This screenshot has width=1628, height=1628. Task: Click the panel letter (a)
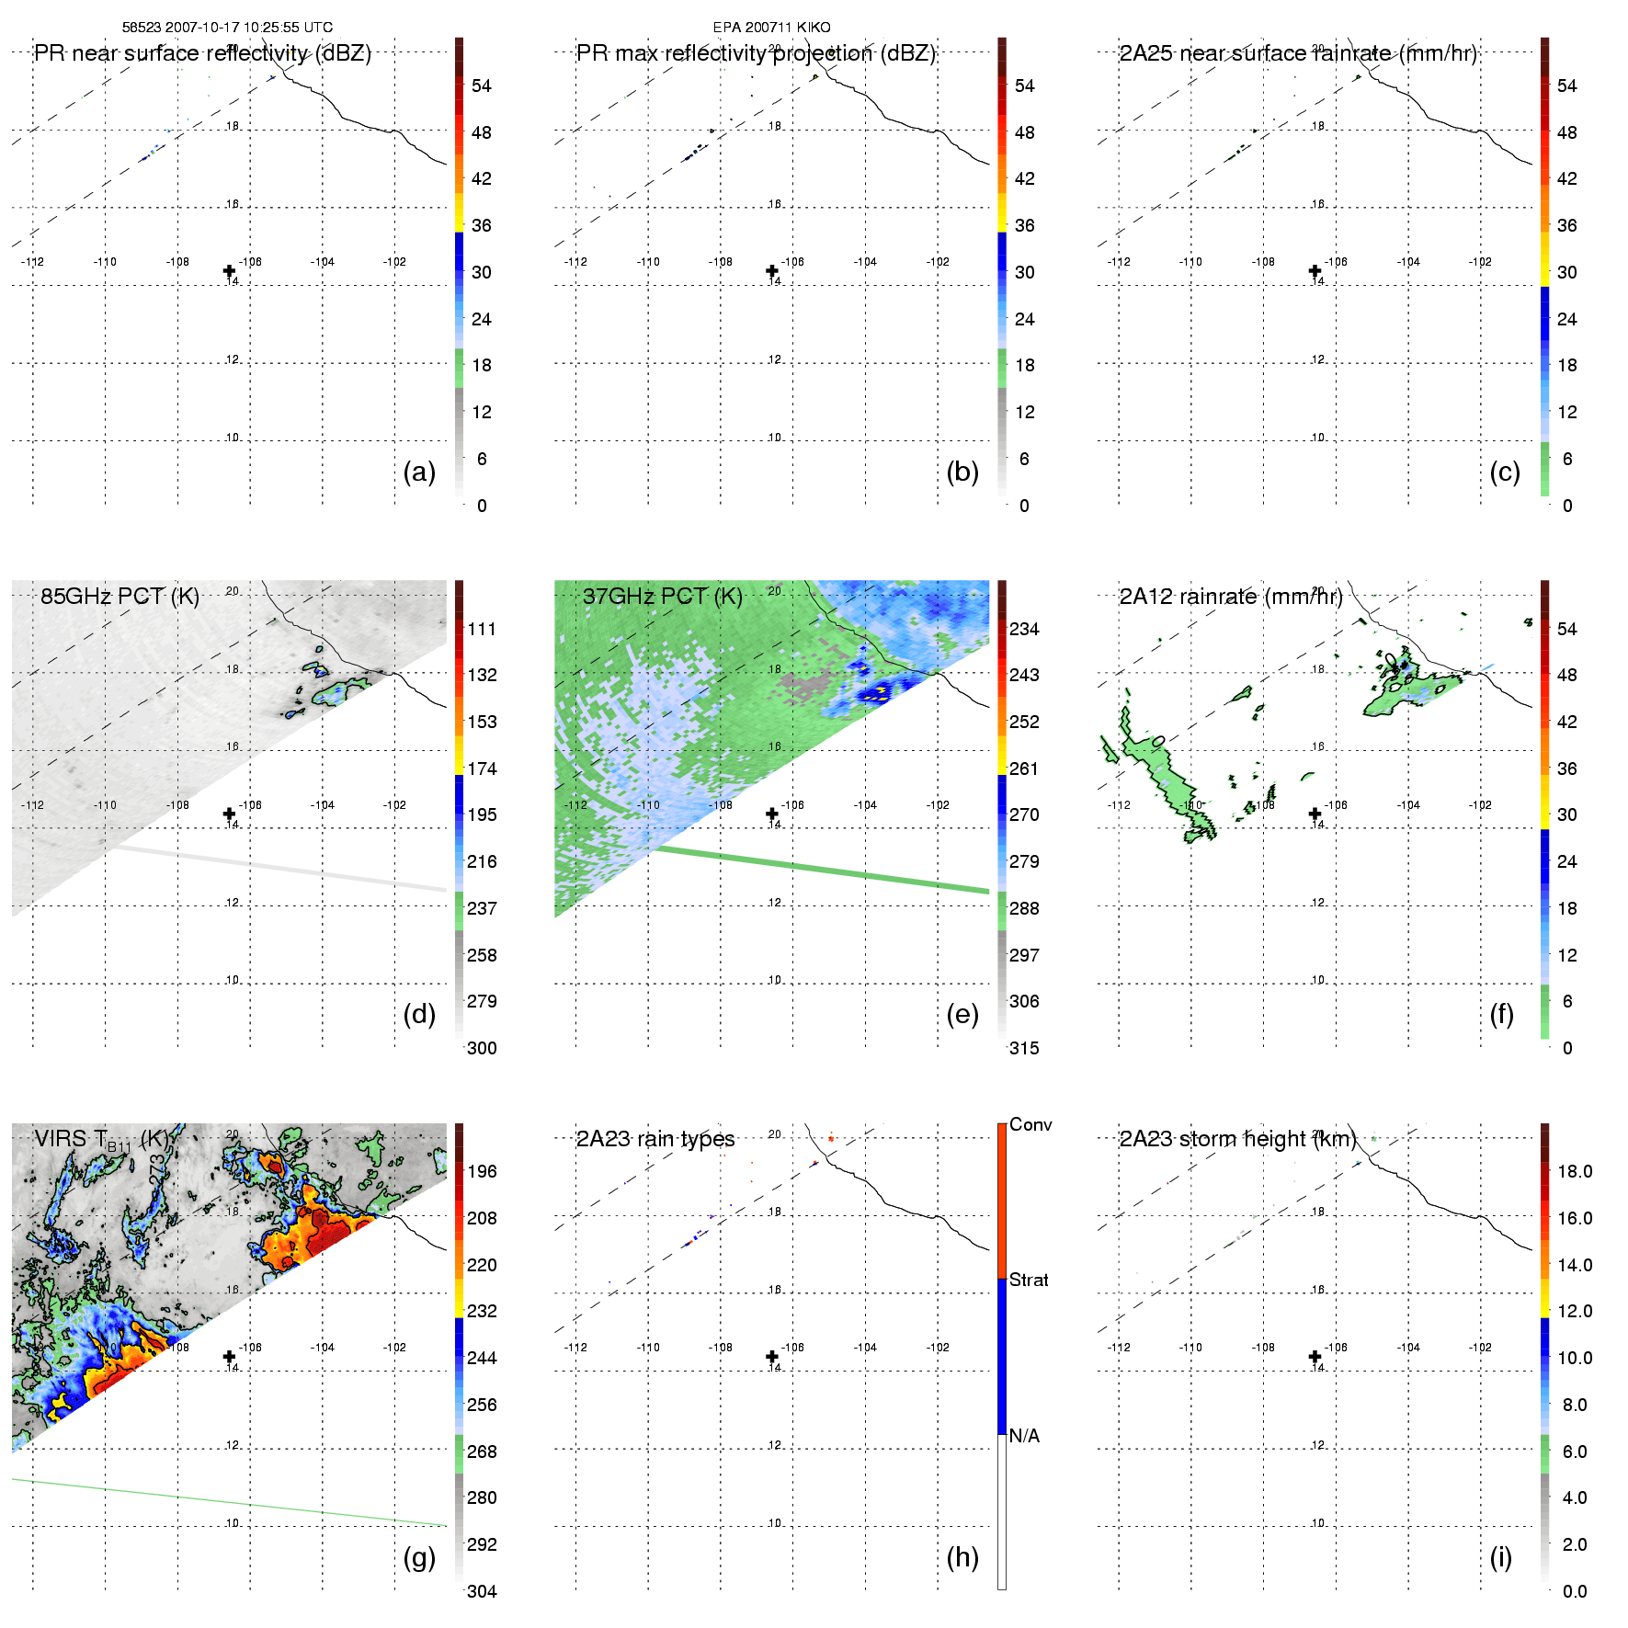419,472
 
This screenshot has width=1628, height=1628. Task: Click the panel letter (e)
962,1015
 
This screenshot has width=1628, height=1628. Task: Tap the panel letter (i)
1500,1557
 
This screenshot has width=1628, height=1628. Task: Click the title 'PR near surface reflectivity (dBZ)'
202,53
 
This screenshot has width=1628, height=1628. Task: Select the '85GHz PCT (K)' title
120,596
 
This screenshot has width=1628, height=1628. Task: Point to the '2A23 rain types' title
655,1139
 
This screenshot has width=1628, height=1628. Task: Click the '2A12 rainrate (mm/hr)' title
1231,596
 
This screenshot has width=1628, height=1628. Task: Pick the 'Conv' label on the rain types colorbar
1030,1124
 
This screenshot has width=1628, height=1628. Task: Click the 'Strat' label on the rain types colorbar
1029,1280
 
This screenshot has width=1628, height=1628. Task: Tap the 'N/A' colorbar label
1024,1436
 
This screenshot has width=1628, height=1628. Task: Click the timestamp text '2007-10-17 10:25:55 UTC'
248,28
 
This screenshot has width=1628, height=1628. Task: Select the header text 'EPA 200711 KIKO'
771,28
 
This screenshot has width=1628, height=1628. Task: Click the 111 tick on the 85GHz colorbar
482,629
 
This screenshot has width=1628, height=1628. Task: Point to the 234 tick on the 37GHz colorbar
1024,629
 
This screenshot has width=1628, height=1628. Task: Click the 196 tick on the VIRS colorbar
482,1171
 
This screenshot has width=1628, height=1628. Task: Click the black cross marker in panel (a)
229,271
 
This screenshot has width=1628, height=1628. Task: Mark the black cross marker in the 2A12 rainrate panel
1315,814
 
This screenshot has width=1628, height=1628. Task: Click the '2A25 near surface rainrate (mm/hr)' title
1298,53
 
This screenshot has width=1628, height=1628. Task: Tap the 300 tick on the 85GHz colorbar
482,1048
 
